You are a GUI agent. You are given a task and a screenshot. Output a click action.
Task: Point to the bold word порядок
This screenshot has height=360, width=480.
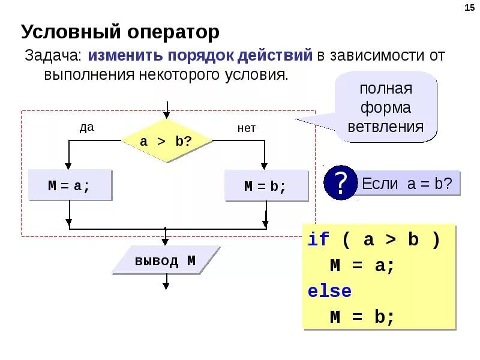(202, 56)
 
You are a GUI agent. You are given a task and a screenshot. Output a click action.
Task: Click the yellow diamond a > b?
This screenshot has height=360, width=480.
(166, 142)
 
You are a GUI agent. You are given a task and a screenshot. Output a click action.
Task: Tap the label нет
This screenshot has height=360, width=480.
(246, 128)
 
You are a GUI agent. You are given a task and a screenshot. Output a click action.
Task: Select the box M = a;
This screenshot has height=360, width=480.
(70, 185)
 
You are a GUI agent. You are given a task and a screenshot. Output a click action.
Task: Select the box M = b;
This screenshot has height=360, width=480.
(266, 186)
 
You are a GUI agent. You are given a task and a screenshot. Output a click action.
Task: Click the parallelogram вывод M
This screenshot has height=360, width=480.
(165, 261)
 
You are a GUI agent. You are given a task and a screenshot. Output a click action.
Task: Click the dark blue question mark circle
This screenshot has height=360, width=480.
(340, 183)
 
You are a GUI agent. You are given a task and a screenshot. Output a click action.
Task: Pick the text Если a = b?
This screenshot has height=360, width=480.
(407, 184)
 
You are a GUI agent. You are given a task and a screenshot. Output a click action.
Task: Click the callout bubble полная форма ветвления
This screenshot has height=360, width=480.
(386, 108)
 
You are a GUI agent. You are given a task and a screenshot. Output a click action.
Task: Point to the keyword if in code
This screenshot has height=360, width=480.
(319, 240)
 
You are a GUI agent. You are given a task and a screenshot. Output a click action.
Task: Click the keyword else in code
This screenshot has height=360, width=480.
(329, 292)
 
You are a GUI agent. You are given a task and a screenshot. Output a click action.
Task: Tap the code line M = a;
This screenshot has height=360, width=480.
(362, 266)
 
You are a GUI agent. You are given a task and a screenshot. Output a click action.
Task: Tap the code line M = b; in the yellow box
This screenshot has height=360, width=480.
(362, 317)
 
